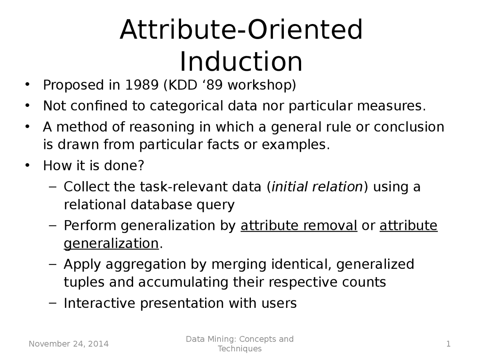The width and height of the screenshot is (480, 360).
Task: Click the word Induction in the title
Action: [x=241, y=61]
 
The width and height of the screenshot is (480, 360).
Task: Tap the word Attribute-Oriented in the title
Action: [x=241, y=30]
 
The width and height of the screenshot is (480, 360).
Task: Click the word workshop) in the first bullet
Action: [x=262, y=85]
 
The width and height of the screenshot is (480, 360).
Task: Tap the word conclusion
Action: [x=409, y=127]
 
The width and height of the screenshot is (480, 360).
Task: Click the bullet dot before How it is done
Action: [x=27, y=165]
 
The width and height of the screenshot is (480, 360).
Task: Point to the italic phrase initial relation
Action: [x=317, y=187]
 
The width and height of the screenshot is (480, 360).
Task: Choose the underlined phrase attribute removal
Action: [x=299, y=226]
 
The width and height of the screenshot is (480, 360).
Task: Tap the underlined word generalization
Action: [x=111, y=244]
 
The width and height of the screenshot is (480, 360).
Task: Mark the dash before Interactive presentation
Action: [x=53, y=303]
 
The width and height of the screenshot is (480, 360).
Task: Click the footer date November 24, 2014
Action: [x=69, y=344]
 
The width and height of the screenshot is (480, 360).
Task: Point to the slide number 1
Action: [x=448, y=344]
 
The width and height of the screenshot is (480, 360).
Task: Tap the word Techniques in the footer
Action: [x=240, y=349]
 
